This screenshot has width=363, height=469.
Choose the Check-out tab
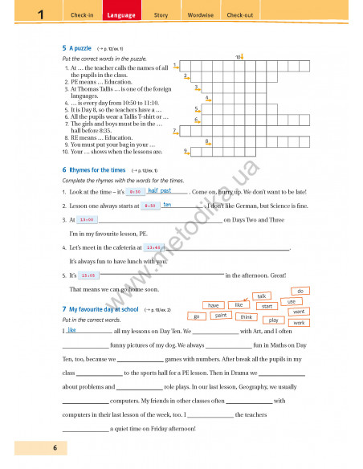tap(239, 15)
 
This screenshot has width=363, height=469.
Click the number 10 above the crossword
tap(238, 57)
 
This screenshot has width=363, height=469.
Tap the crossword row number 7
tap(174, 128)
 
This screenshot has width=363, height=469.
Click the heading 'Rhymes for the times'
tap(97, 170)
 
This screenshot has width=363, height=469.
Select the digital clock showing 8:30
tap(134, 192)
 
